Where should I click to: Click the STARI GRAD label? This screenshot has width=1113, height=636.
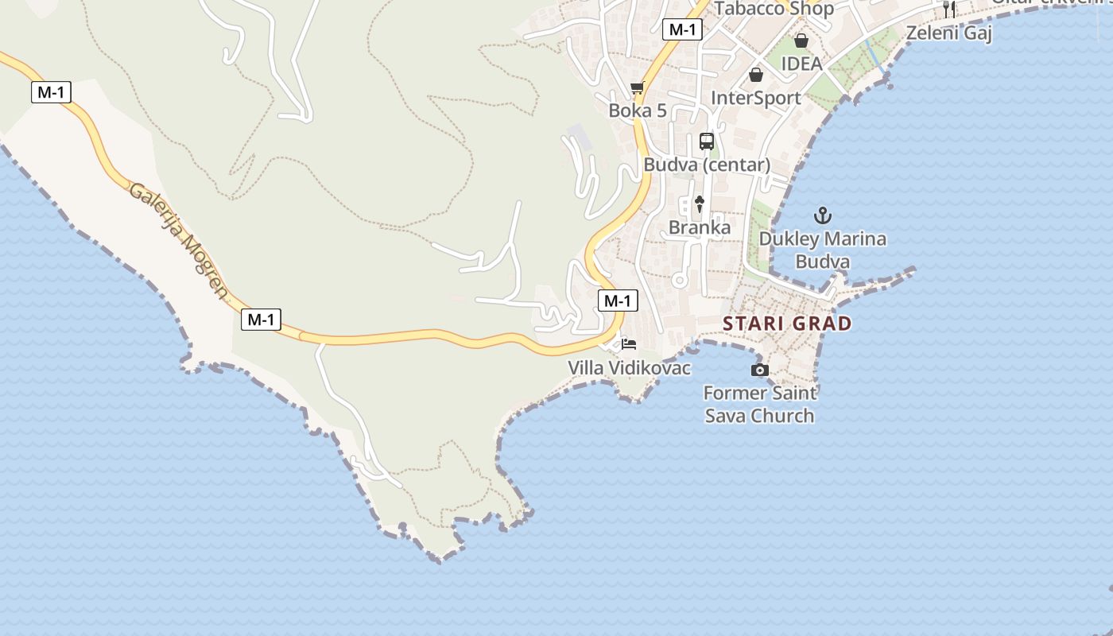click(x=787, y=324)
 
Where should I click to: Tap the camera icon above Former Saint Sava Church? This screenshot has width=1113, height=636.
click(x=760, y=370)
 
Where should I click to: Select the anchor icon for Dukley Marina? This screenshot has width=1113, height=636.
click(x=823, y=215)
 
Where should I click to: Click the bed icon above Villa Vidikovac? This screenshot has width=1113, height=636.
click(x=629, y=344)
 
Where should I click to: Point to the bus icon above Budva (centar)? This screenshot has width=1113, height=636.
click(x=707, y=142)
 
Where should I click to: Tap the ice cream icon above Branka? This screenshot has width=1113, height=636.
click(x=700, y=204)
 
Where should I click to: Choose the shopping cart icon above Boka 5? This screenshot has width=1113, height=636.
click(x=637, y=87)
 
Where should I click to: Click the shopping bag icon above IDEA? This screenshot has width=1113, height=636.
click(x=801, y=41)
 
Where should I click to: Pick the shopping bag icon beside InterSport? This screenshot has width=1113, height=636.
click(x=755, y=75)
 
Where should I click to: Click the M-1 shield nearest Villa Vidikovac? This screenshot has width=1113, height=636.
click(x=617, y=301)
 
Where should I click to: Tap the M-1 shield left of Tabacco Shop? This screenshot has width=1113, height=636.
click(x=682, y=29)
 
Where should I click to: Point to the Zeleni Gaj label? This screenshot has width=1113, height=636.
click(x=949, y=33)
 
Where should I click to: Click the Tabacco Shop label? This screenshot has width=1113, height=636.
click(x=774, y=9)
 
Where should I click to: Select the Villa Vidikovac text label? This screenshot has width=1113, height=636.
click(x=629, y=368)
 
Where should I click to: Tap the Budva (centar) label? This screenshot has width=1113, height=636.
click(x=707, y=165)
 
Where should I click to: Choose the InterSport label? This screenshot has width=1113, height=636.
click(x=755, y=98)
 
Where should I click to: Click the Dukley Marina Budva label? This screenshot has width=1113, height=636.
click(x=823, y=250)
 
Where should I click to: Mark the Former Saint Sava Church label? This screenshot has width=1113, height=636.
click(x=760, y=404)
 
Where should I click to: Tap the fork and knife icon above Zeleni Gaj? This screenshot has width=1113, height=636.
click(x=948, y=10)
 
